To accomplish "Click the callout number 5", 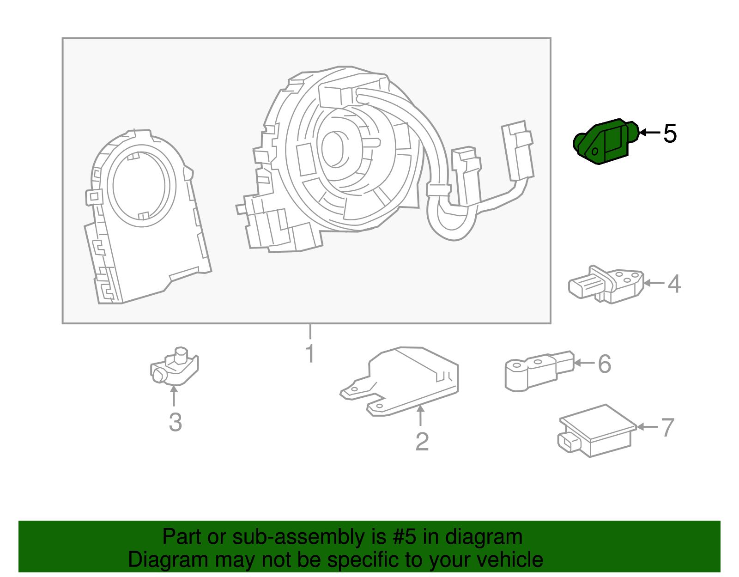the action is pos(670,134).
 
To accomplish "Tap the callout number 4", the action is pos(674,284).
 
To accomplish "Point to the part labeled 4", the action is pos(606,285).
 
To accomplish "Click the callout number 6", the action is pos(604,364).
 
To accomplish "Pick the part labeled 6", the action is pos(540,371).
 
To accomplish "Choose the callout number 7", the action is pos(667,428).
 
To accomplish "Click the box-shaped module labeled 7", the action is pos(597,431).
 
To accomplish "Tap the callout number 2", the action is pos(422,441).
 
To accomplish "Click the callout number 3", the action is pos(176,422).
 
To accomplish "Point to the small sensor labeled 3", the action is pos(175,366).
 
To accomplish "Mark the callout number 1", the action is pos(310,353).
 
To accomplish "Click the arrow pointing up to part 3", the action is pos(174,396).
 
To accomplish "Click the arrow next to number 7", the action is pos(647,427).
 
